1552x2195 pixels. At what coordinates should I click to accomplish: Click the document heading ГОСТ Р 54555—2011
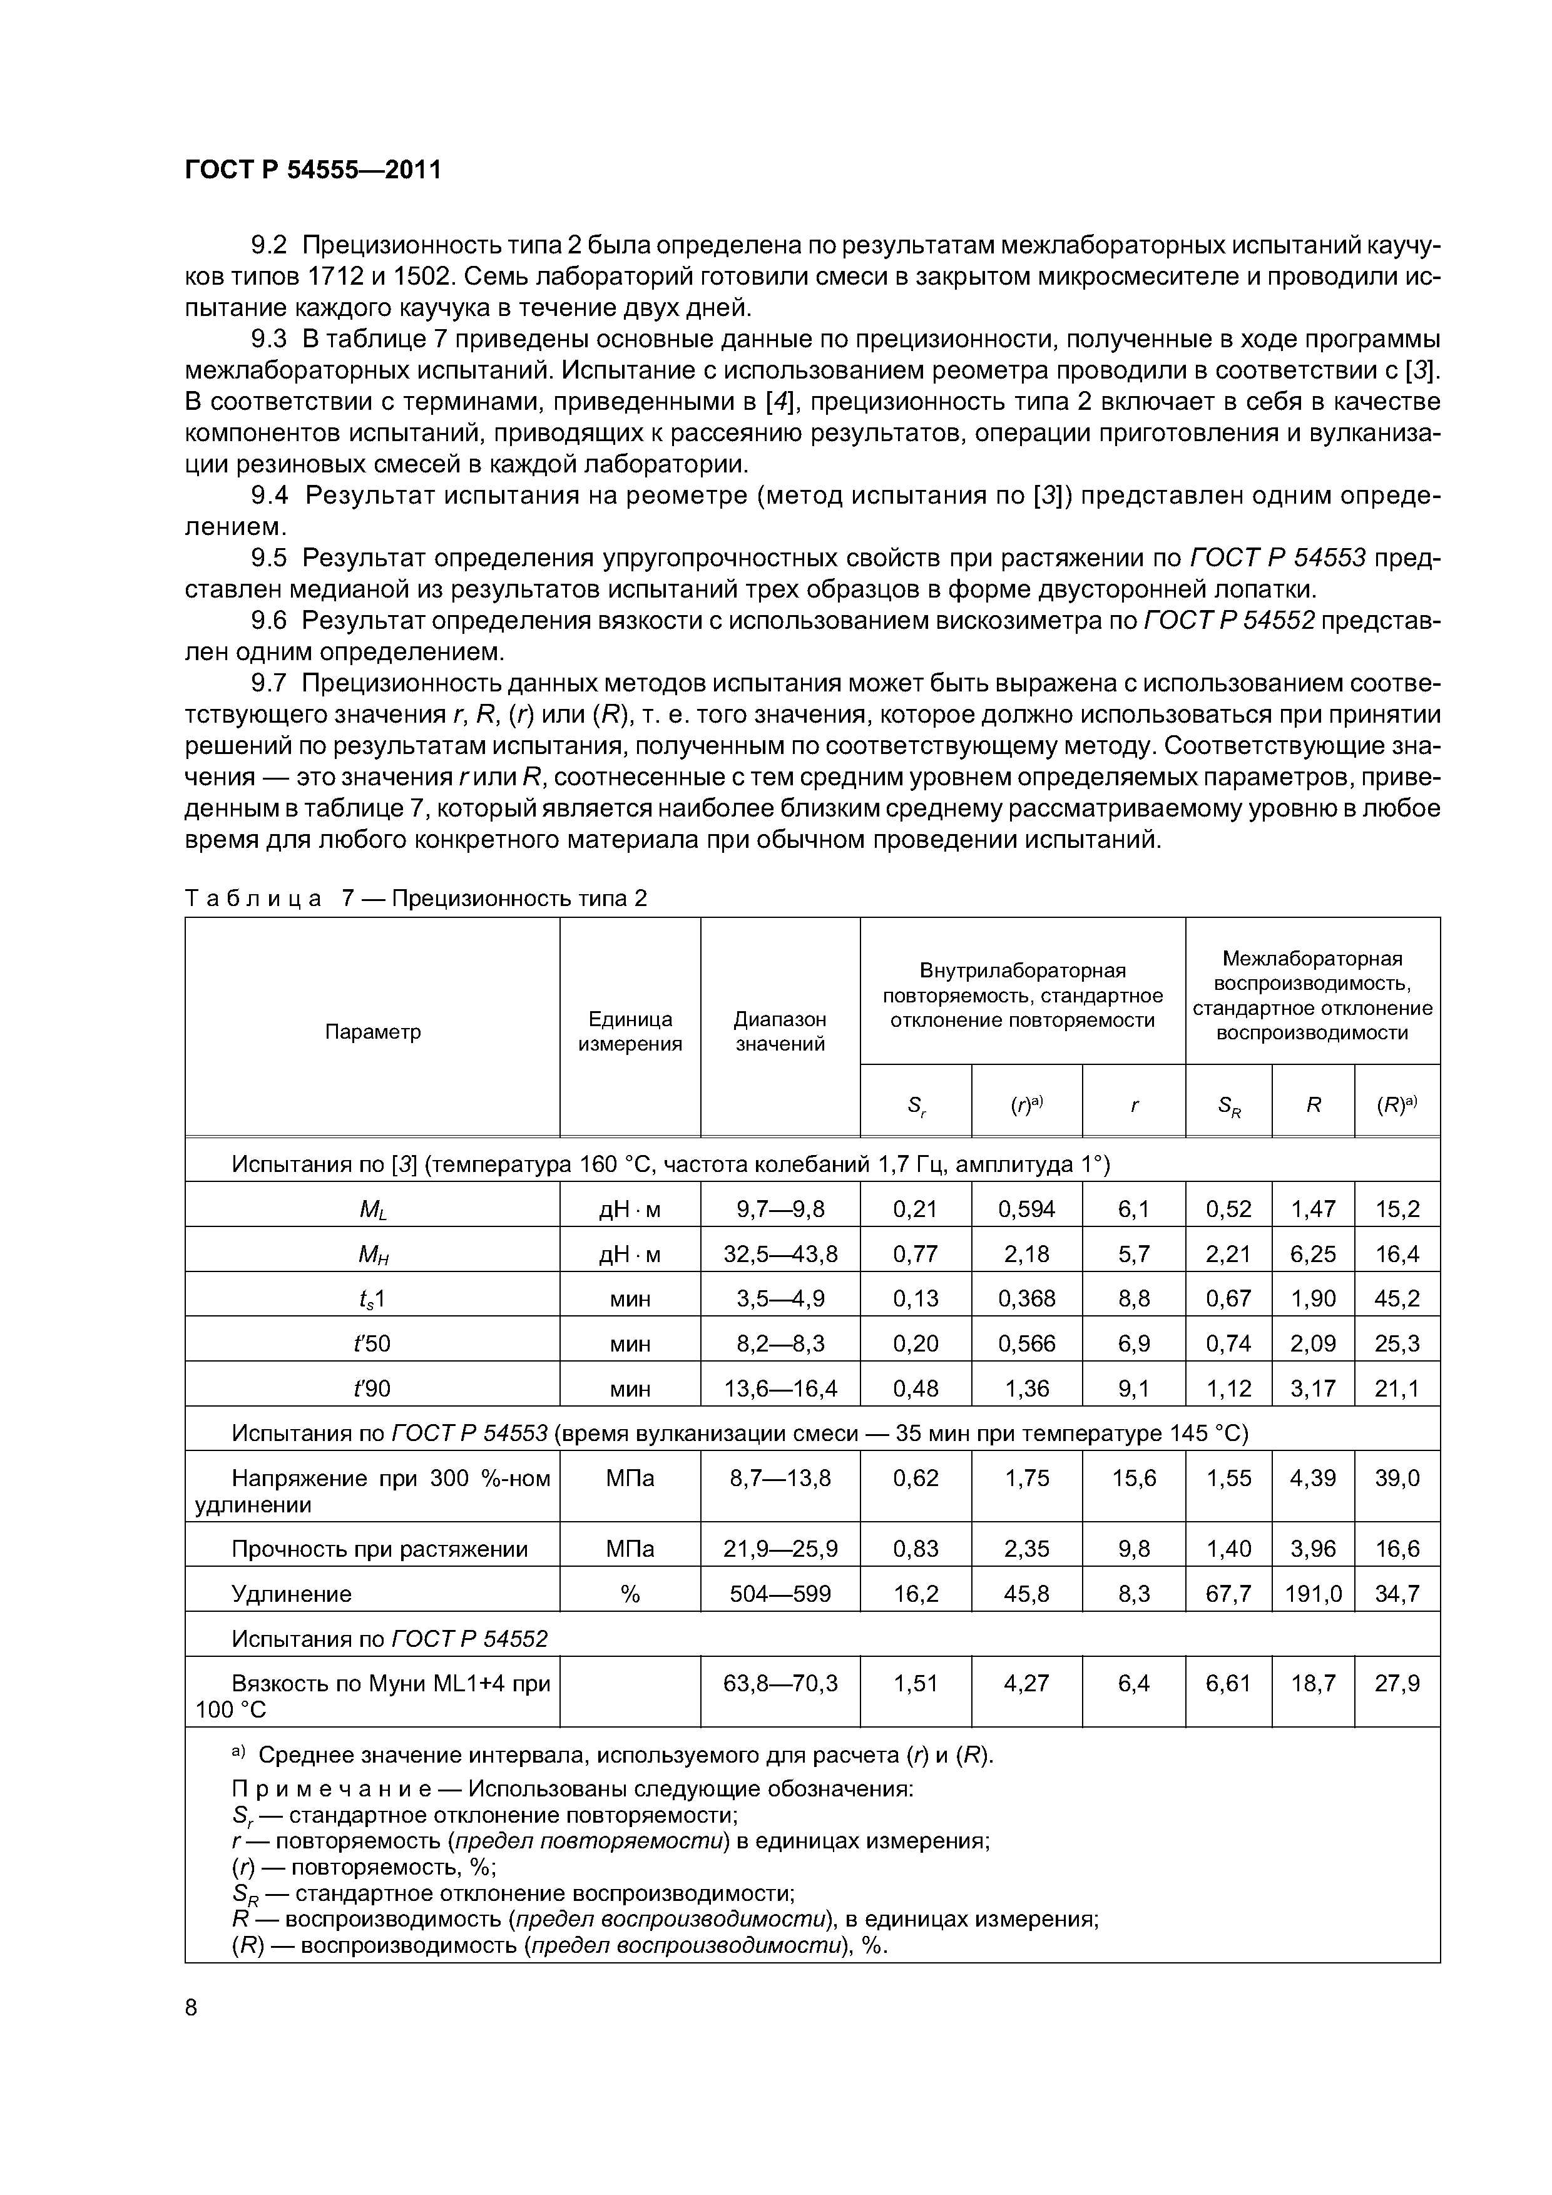coord(313,170)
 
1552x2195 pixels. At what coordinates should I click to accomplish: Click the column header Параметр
coord(373,1032)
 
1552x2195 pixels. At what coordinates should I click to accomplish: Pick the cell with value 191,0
coord(1313,1594)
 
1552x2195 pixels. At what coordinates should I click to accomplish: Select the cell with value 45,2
coord(1397,1298)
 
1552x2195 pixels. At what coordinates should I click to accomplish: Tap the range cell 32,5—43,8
coord(780,1253)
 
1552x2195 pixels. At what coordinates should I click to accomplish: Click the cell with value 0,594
coord(1026,1210)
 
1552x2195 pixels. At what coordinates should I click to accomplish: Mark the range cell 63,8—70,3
coord(780,1683)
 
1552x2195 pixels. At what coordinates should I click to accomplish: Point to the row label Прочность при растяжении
coord(380,1549)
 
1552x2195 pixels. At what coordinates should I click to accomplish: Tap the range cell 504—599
coord(780,1594)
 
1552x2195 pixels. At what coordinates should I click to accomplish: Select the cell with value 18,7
coord(1313,1683)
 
